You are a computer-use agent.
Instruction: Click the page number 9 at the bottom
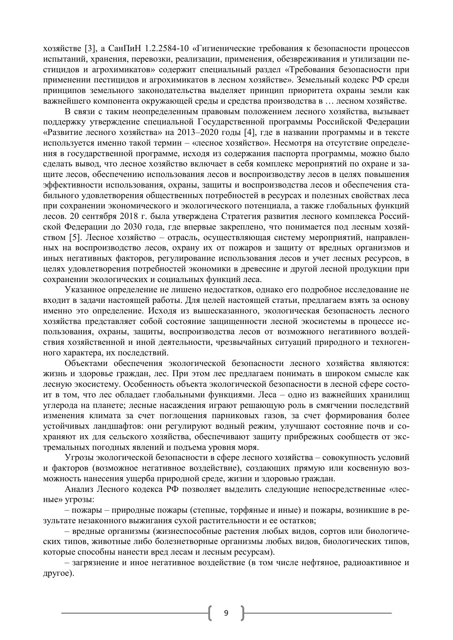(x=226, y=613)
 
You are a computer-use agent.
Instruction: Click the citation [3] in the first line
(x=90, y=49)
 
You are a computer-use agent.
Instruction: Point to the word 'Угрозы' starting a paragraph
(x=78, y=458)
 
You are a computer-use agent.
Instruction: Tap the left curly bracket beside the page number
(x=211, y=613)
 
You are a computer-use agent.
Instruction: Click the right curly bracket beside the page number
(x=242, y=613)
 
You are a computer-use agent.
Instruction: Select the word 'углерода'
(x=58, y=405)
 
